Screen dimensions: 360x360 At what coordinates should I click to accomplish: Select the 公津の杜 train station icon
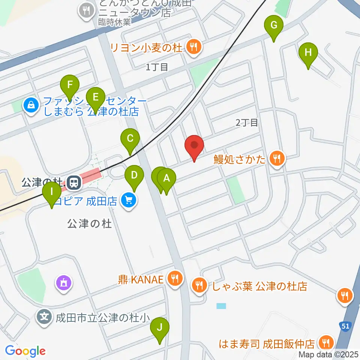pyautogui.click(x=74, y=183)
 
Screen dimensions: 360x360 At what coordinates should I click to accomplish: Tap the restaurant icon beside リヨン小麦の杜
pyautogui.click(x=193, y=47)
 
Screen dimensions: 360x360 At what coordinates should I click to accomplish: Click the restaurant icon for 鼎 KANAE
pyautogui.click(x=175, y=279)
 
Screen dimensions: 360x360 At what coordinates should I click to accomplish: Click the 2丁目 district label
pyautogui.click(x=247, y=122)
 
